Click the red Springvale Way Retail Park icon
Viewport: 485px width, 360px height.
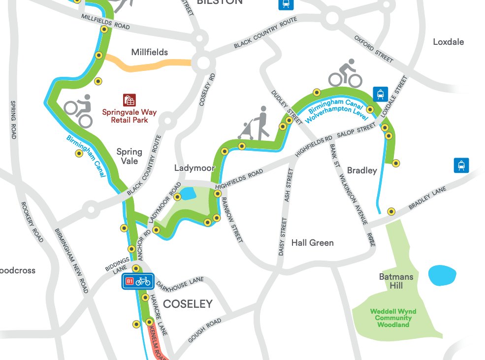click(129, 100)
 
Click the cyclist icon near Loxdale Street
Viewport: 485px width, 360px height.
click(345, 73)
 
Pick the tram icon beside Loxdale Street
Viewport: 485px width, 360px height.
click(380, 93)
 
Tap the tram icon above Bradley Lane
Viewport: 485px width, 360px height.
click(461, 165)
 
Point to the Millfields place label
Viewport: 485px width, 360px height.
click(149, 52)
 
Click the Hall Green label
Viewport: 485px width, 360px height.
click(312, 243)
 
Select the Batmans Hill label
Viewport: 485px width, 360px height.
click(396, 281)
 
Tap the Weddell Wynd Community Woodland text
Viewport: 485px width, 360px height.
click(393, 318)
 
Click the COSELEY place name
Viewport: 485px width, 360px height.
click(188, 304)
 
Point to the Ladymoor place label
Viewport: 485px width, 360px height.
click(194, 168)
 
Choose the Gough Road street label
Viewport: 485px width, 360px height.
click(204, 331)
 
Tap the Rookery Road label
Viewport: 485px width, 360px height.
click(32, 222)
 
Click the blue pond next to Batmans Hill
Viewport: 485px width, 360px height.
click(442, 276)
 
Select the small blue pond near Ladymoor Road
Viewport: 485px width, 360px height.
click(188, 194)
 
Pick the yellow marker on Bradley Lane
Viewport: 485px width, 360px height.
click(391, 211)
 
